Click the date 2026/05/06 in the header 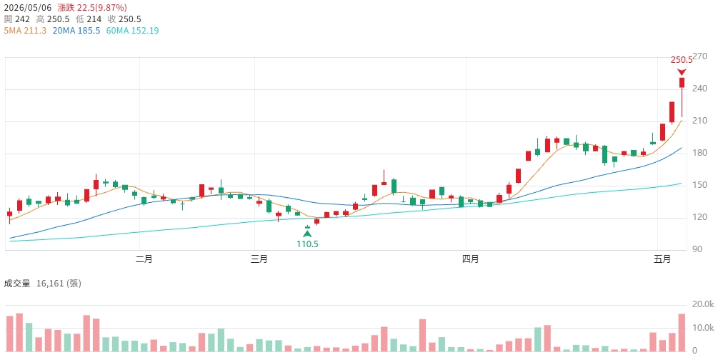coord(28,8)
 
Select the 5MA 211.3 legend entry coord(25,31)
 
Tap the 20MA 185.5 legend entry coord(76,31)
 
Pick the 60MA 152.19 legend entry coord(132,31)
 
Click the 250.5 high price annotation coord(682,60)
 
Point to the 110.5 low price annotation coord(307,244)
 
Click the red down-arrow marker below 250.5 coord(682,72)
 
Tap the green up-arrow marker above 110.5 coord(307,234)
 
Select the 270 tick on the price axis coord(699,56)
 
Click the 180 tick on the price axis coord(699,153)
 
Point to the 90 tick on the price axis coord(697,249)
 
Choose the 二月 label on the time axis coord(144,259)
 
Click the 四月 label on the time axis coord(471,259)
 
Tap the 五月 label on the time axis coord(662,259)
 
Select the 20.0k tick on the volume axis coord(703,304)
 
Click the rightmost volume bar coord(682,333)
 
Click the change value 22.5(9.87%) coord(102,8)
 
